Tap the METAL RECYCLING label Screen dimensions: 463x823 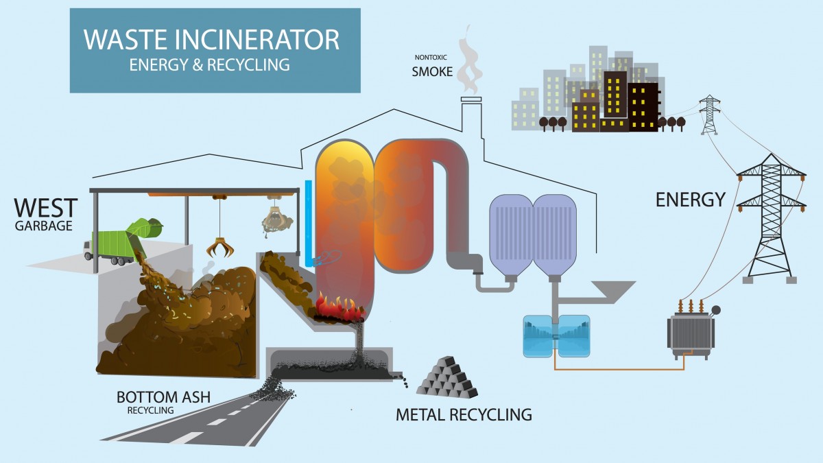pyautogui.click(x=464, y=414)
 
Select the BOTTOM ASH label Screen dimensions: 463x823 pyautogui.click(x=163, y=397)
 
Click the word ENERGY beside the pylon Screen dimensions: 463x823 pyautogui.click(x=690, y=200)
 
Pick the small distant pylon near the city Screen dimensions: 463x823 pyautogui.click(x=710, y=115)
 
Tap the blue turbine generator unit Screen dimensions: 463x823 pyautogui.click(x=556, y=335)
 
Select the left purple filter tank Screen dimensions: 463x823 pyautogui.click(x=510, y=233)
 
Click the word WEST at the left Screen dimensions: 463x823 pyautogui.click(x=46, y=206)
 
